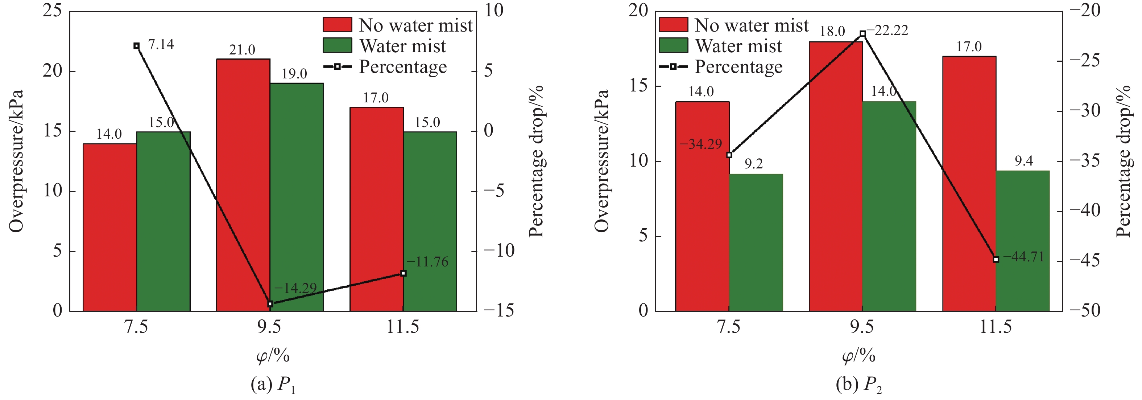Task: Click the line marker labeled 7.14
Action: pos(137,46)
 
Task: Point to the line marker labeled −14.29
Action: pos(270,304)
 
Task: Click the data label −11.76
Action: pos(427,262)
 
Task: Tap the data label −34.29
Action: pos(700,144)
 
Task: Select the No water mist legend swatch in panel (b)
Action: pos(673,25)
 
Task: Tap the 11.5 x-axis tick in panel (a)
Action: pos(402,327)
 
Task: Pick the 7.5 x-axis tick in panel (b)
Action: pos(729,327)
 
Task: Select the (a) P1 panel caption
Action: pos(272,384)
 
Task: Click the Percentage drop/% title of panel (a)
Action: pos(537,161)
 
